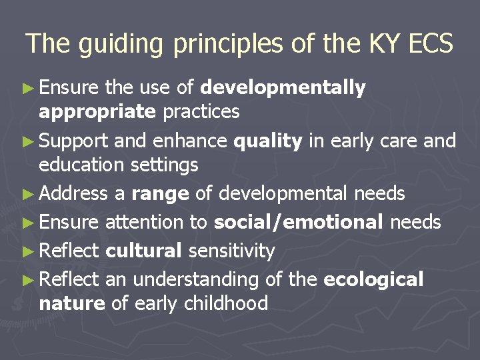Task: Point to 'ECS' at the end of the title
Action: coord(429,44)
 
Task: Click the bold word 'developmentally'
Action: coord(283,88)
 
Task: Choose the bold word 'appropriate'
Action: coord(97,111)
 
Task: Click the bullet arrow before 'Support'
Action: coord(32,141)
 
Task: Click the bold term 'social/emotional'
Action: coord(298,222)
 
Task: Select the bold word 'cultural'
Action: coord(144,251)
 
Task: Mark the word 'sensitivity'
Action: coord(231,251)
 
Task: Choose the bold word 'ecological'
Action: coord(373,280)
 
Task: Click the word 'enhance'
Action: coord(193,141)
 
